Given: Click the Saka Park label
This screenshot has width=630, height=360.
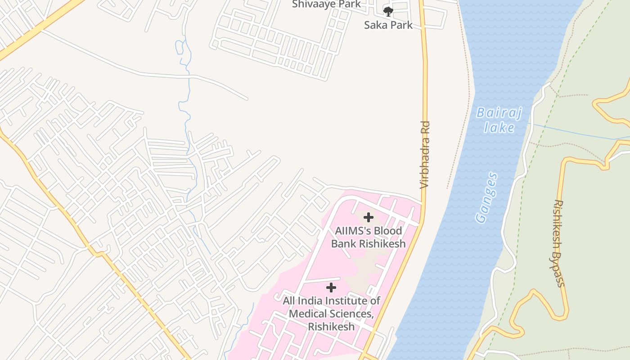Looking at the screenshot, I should point(388,25).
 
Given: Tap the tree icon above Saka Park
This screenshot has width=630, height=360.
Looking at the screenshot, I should point(388,11).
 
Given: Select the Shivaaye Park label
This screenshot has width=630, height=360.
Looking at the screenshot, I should point(326,4).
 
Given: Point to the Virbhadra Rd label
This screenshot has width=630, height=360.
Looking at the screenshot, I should point(425,155).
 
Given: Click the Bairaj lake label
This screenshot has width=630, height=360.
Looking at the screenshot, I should point(499,120).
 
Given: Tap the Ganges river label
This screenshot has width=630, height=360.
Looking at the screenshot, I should point(487,198).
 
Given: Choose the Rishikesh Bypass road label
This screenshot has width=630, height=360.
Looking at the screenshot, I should point(558,243).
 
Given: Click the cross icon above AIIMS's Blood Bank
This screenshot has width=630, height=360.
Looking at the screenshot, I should point(368,218).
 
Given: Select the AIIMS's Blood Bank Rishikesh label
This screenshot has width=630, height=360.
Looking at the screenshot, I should point(368,237).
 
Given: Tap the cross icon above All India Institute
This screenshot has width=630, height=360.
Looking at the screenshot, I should point(331,288).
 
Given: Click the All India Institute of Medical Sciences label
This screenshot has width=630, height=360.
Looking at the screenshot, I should point(331,313).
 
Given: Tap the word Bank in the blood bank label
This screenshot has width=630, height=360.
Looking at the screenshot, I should point(344,244).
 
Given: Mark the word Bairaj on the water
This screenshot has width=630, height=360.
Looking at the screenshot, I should point(499,112).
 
